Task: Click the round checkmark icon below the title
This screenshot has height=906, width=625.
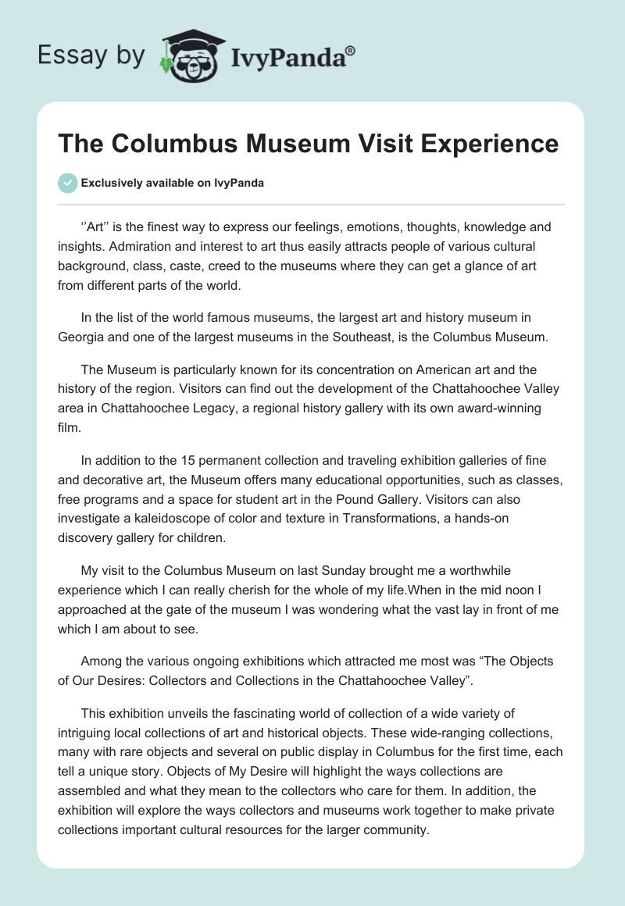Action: click(67, 183)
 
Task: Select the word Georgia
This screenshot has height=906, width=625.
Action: click(80, 337)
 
